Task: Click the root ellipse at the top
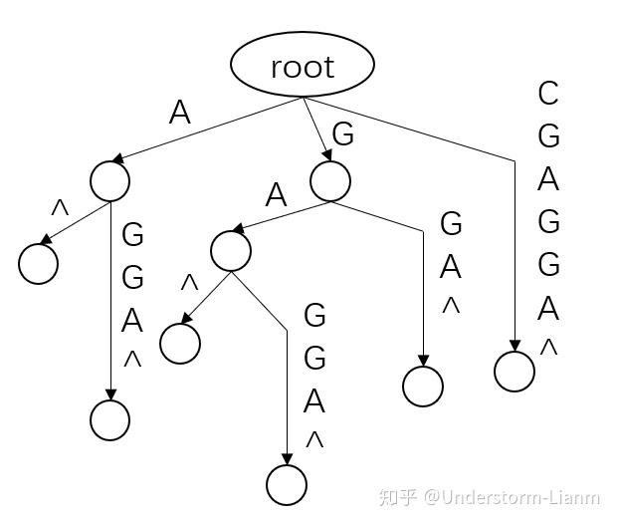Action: point(303,65)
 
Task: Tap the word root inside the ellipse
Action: point(303,67)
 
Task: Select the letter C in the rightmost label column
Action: point(548,94)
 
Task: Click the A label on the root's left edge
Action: point(179,113)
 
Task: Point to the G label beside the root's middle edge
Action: point(343,134)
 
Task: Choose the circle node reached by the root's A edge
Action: point(109,180)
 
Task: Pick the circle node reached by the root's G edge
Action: point(330,181)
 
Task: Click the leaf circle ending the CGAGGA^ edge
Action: point(514,372)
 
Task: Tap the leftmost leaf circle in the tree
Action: point(39,264)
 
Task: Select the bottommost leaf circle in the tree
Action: point(287,484)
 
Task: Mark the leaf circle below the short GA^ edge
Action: point(423,386)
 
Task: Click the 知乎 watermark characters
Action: point(398,497)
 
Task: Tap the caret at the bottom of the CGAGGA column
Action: point(548,348)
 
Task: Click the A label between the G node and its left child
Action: point(276,195)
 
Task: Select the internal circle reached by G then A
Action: point(231,250)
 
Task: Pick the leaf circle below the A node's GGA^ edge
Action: point(109,420)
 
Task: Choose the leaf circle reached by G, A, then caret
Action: point(180,344)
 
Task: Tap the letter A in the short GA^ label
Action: point(451,267)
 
